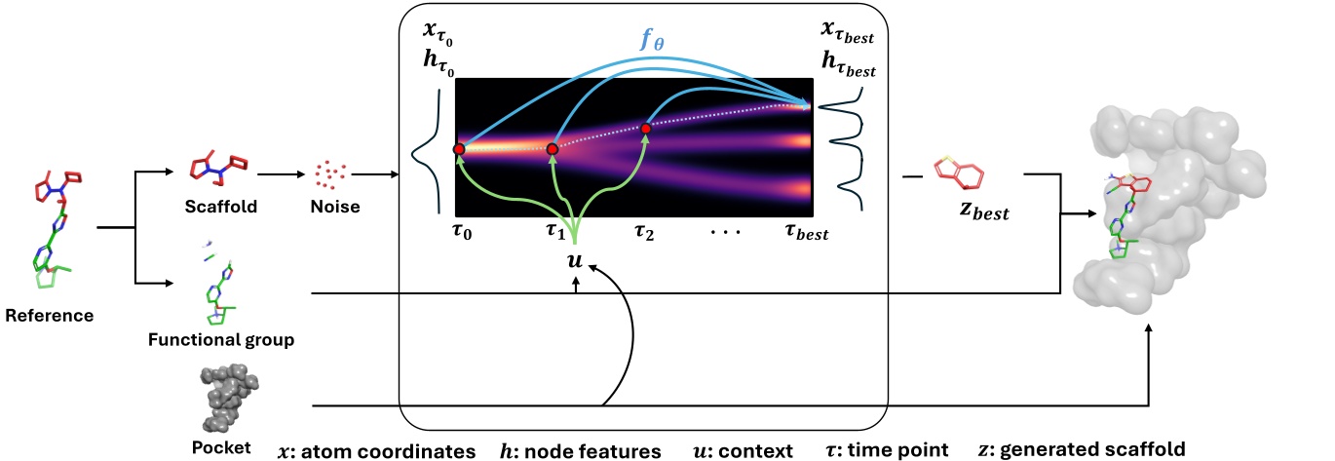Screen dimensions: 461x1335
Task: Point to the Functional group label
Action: coord(222,340)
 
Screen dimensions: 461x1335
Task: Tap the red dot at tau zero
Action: coord(460,149)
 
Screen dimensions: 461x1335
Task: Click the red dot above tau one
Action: coord(553,149)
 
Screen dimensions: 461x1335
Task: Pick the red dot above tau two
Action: coord(645,128)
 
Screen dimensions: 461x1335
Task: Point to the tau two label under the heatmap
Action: coord(645,236)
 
